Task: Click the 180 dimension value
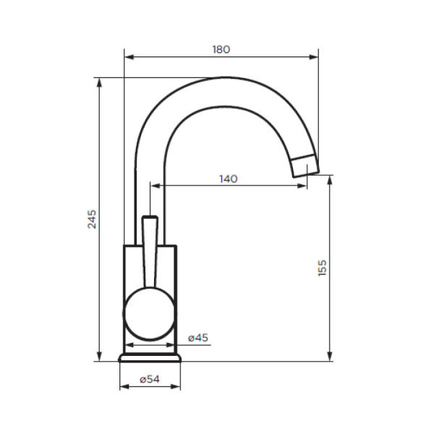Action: (x=221, y=49)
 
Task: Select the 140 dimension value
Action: (x=229, y=179)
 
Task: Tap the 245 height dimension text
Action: (x=92, y=219)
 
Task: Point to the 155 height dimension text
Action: (x=323, y=267)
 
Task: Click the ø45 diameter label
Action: (x=197, y=338)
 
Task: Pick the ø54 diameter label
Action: (x=149, y=379)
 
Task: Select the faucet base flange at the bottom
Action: (x=150, y=357)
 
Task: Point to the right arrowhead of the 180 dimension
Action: (x=315, y=56)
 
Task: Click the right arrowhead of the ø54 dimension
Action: (x=177, y=387)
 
